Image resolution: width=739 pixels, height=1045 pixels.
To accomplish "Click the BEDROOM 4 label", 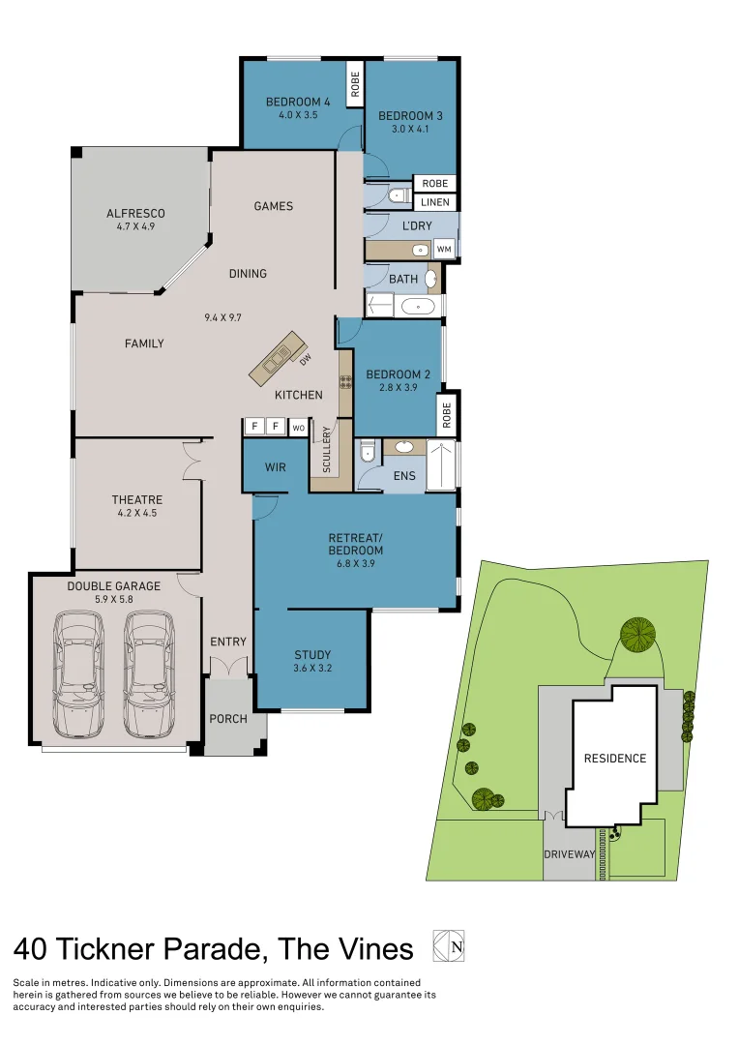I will (298, 102).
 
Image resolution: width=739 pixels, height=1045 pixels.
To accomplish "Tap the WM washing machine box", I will (444, 250).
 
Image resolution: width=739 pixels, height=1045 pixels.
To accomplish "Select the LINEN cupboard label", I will (434, 202).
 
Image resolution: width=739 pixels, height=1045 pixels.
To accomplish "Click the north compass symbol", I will (450, 945).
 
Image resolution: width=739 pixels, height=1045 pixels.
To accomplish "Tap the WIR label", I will (275, 467).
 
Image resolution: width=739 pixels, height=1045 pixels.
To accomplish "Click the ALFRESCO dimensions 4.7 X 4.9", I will (135, 228).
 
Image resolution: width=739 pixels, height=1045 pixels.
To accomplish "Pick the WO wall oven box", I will (299, 427).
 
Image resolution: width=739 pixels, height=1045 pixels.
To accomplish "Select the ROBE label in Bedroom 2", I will (446, 414).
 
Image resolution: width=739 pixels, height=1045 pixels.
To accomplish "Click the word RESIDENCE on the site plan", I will (614, 758).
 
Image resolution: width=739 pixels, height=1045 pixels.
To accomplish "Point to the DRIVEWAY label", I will (569, 854).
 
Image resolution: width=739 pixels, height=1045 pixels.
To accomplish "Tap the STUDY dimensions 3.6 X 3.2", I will (311, 668).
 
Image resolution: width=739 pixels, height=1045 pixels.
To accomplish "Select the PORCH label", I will (228, 719).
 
